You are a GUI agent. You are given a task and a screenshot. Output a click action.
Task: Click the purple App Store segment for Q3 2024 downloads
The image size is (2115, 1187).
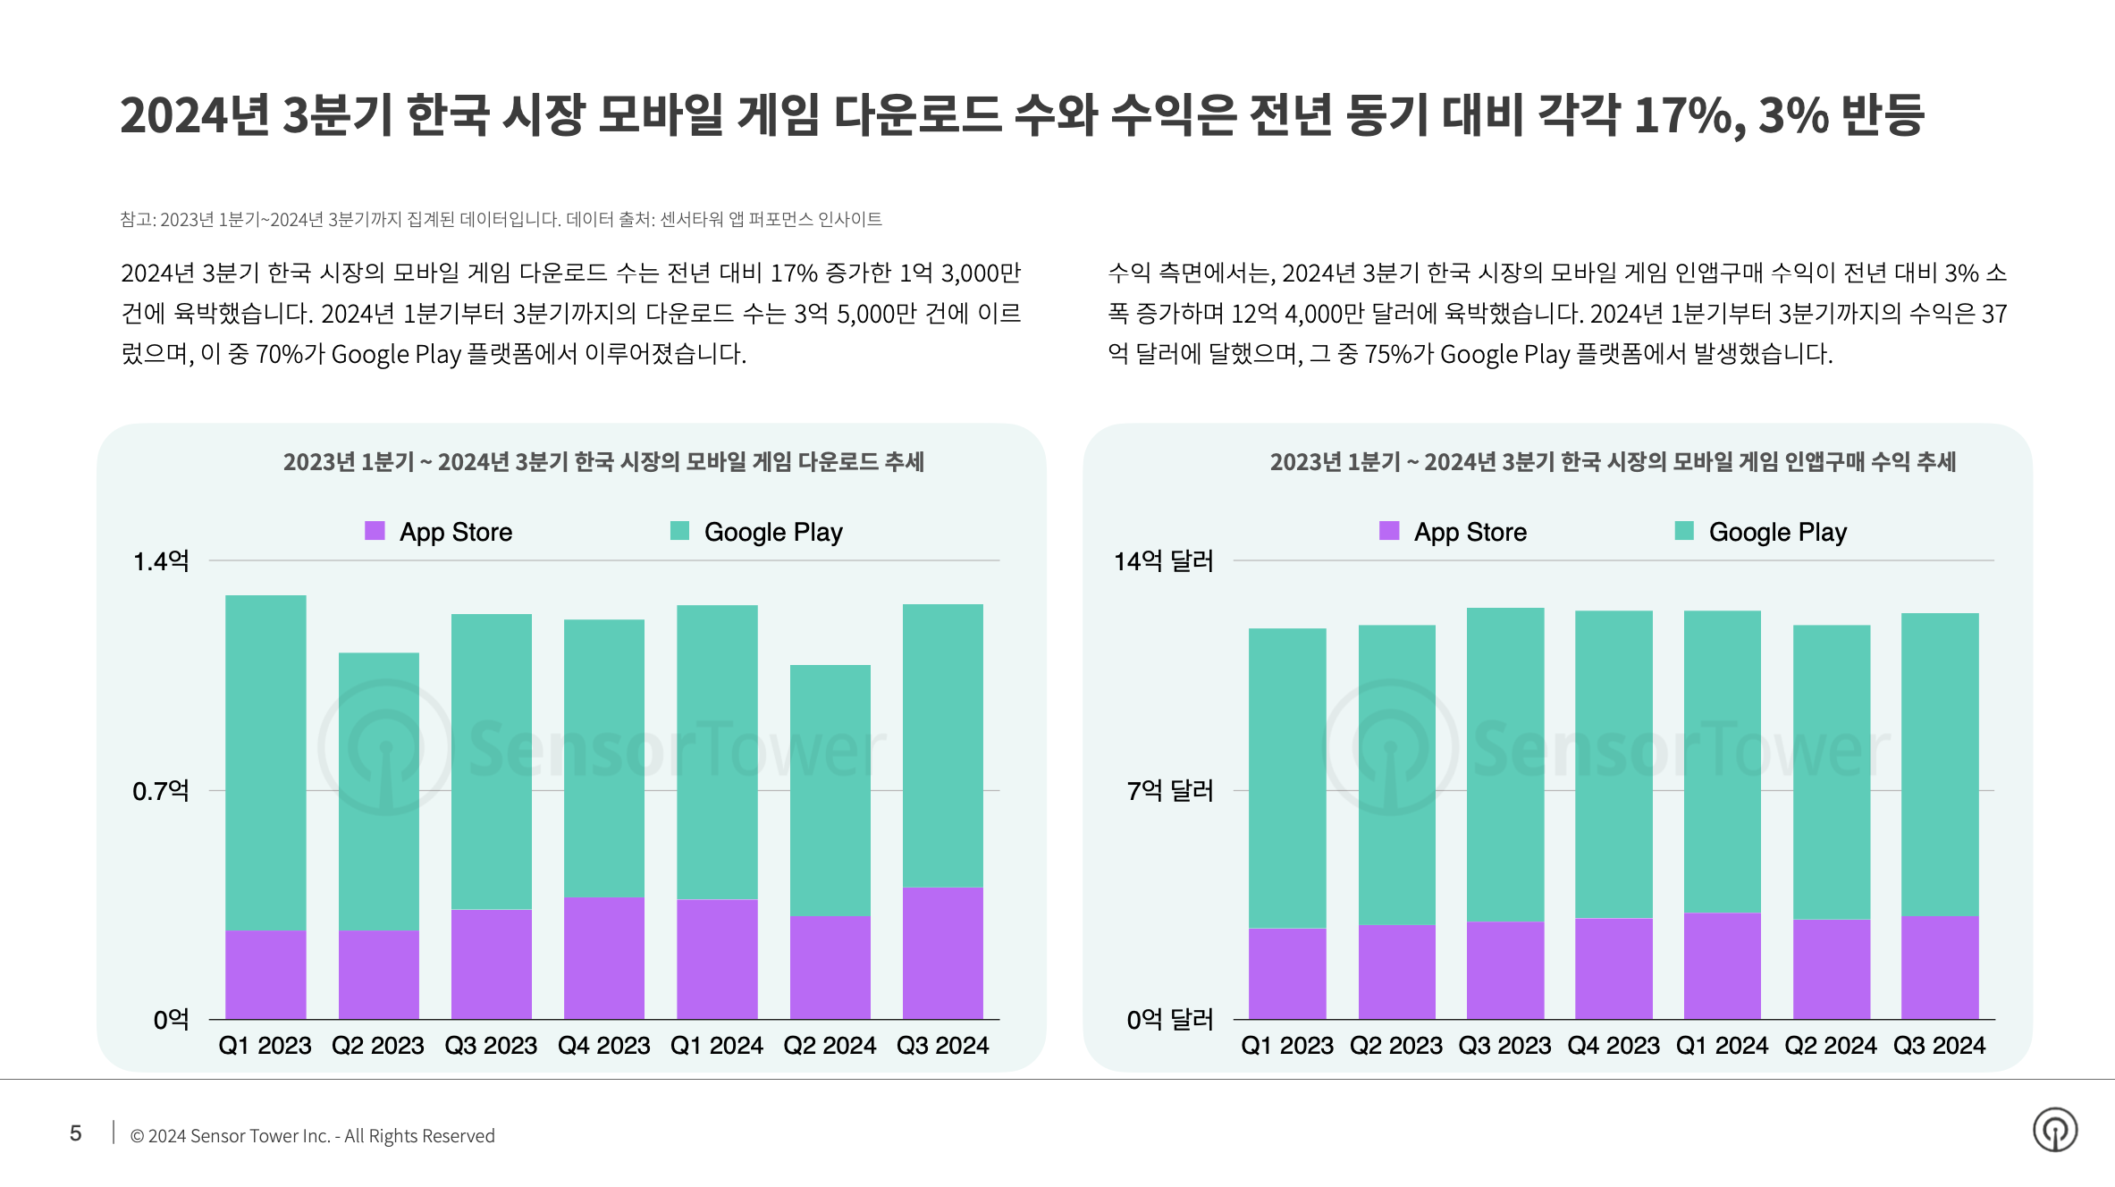(x=943, y=953)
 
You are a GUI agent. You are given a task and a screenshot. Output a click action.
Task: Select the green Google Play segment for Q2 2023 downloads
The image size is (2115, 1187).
(x=379, y=791)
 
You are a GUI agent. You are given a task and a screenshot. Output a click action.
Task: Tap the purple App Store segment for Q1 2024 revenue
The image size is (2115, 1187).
(x=1723, y=965)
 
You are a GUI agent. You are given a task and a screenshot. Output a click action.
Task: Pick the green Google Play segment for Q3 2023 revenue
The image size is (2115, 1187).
(x=1505, y=764)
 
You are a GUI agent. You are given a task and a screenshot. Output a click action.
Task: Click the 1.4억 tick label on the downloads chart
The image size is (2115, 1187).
(x=161, y=561)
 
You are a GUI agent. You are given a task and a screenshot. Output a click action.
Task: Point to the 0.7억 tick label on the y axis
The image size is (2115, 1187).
(x=161, y=791)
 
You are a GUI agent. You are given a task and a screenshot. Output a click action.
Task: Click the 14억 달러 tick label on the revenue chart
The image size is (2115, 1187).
(x=1163, y=561)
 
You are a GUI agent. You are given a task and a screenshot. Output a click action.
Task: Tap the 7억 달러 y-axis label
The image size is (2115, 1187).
(x=1169, y=791)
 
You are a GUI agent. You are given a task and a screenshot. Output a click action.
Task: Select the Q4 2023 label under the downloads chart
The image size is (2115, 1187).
(x=604, y=1046)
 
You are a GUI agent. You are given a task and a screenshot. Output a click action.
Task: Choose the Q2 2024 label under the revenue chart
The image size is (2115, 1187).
(x=1831, y=1046)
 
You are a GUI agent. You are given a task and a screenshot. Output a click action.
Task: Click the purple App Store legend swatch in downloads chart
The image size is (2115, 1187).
(x=375, y=531)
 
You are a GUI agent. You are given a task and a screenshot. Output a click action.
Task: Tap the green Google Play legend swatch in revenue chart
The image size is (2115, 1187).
(x=1684, y=531)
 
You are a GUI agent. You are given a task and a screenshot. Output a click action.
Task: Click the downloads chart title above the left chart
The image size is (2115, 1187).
(x=603, y=462)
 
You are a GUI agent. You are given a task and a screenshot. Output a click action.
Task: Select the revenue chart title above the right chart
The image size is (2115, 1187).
(x=1613, y=462)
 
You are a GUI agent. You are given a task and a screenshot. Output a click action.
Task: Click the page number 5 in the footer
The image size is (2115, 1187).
(x=76, y=1133)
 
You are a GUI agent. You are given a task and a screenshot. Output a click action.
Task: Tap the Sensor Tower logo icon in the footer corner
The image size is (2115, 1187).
(x=2055, y=1130)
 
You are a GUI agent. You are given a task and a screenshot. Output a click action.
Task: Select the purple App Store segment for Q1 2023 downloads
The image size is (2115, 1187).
(x=265, y=974)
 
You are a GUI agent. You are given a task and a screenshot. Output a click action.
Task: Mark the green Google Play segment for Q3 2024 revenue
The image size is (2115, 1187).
(x=1940, y=764)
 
